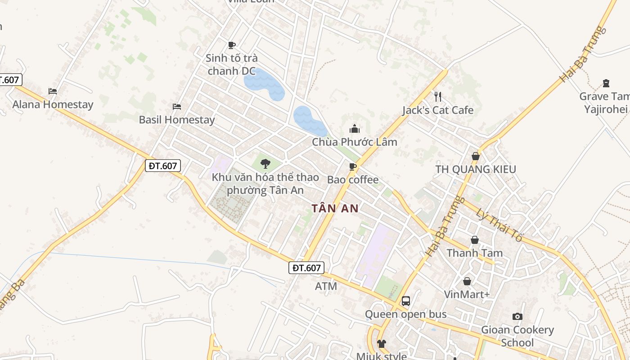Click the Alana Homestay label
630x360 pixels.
pos(53,104)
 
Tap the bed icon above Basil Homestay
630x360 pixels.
pos(177,107)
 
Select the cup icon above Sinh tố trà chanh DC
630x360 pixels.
pos(231,45)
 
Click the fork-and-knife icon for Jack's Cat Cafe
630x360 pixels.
pos(437,96)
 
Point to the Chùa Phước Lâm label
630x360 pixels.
pos(355,142)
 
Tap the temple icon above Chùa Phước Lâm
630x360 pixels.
pos(355,129)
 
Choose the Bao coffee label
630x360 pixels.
pos(353,180)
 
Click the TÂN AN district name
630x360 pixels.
pos(335,208)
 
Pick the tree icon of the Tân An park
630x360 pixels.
pos(265,164)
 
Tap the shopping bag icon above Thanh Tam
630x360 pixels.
pos(474,240)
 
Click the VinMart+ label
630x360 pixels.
pos(467,294)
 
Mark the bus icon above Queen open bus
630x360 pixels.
pos(405,301)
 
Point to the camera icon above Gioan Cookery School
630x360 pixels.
pos(517,317)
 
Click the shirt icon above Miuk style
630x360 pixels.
pos(382,344)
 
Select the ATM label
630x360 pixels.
pos(326,286)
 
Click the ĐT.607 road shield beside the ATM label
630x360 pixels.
pos(306,268)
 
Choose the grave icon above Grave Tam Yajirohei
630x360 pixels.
pos(606,83)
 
